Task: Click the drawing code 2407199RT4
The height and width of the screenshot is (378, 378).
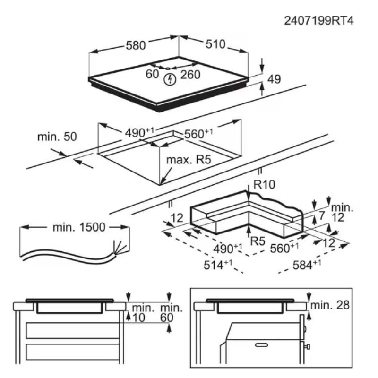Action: click(x=319, y=21)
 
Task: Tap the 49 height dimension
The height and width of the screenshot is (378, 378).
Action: click(x=274, y=80)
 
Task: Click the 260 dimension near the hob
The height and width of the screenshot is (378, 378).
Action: click(x=190, y=75)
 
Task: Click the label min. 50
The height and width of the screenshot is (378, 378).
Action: click(x=56, y=137)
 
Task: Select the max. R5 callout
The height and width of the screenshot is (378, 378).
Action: click(x=188, y=160)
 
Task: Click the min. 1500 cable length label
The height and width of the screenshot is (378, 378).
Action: click(x=79, y=227)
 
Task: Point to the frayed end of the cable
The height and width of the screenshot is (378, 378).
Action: click(x=119, y=247)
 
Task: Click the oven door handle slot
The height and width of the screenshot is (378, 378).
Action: click(x=262, y=346)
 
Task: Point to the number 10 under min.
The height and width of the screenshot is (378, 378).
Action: click(x=138, y=318)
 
